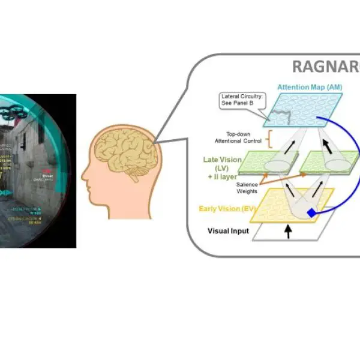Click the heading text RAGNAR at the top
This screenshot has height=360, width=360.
(x=326, y=67)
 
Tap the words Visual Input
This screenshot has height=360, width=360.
(x=229, y=230)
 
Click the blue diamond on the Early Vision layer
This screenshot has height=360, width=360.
(x=311, y=214)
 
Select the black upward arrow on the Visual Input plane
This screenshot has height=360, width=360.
(x=286, y=233)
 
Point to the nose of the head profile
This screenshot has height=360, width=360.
(x=85, y=178)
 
